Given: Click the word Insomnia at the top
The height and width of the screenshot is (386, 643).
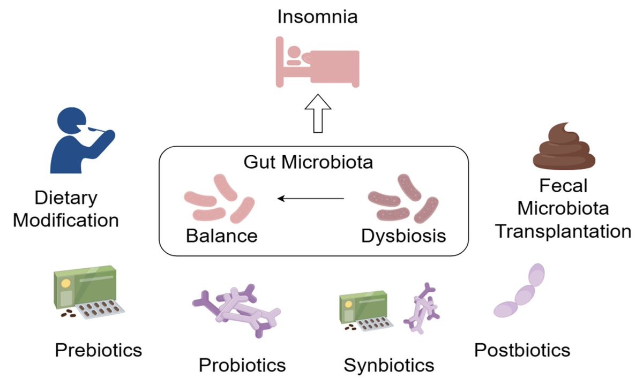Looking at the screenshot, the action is coord(317,17).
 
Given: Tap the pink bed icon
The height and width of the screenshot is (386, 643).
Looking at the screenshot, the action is coord(317,62).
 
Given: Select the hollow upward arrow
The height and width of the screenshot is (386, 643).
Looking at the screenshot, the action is coord(318,113).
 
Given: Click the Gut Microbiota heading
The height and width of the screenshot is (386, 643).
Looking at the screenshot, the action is coord(308,162).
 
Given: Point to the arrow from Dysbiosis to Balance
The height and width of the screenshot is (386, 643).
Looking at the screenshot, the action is coord(311,199).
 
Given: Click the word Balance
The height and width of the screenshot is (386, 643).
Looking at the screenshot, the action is coord(222,236).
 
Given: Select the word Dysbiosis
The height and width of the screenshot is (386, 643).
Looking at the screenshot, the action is coord(403,236).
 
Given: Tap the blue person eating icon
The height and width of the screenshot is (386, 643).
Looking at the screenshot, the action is coord(83,140).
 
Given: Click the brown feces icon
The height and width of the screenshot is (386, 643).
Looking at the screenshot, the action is coord(564,146).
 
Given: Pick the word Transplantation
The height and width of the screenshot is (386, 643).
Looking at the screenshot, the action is coord(563,231).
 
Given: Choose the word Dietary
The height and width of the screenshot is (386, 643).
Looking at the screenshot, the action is coord(66,198).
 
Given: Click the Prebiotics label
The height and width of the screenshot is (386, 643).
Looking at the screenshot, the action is coord(99,350).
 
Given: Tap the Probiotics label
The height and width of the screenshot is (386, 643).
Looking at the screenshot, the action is coord(242,365).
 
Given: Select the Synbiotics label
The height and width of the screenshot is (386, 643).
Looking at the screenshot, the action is coord(389,366).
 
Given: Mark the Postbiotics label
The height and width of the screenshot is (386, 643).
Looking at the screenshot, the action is coord(522,350).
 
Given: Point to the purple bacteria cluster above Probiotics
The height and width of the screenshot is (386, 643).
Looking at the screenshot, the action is coord(236,311).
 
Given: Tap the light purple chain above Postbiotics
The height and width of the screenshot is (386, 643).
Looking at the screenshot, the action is coord(519,290).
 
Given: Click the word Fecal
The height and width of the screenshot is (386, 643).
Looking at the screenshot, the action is coord(563,186).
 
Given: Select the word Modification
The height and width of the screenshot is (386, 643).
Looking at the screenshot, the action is coord(66,221).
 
